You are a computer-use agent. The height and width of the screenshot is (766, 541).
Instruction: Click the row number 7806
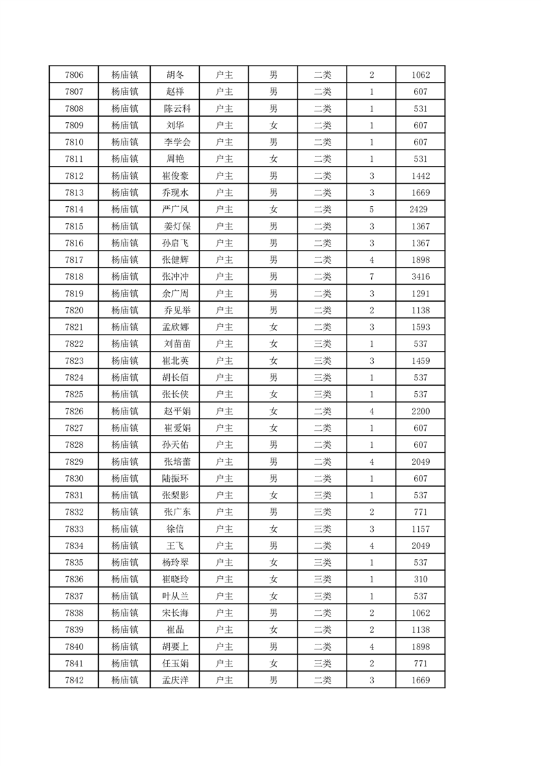pos(74,75)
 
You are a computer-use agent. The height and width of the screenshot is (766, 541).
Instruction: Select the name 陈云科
pos(175,109)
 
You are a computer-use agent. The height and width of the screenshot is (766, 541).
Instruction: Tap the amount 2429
pos(420,210)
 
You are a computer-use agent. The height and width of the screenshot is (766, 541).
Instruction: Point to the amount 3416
pos(420,276)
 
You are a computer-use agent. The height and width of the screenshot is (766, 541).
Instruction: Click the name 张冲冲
pos(175,276)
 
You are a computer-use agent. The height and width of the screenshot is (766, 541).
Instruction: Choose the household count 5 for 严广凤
pos(371,210)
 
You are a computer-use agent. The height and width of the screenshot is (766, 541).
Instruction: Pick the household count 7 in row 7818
pos(371,276)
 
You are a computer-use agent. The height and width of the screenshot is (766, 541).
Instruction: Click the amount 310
pos(420,579)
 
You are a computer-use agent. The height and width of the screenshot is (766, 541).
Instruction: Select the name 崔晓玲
pos(175,579)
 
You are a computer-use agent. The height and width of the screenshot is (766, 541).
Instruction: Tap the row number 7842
pos(74,680)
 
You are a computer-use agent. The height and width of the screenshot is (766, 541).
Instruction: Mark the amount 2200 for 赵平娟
pos(420,411)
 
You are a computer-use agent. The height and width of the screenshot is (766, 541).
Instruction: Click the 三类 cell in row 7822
pos(322,344)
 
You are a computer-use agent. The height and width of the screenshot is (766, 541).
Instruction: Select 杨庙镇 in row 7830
pos(125,479)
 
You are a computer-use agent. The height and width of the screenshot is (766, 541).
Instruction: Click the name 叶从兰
pos(175,596)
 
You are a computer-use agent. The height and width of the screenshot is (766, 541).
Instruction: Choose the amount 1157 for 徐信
pos(420,528)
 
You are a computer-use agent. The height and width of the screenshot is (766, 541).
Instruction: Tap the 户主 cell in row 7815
pos(224,227)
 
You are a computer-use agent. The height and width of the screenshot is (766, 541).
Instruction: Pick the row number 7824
pos(74,378)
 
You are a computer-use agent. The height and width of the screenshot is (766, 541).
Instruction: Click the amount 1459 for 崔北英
pos(420,360)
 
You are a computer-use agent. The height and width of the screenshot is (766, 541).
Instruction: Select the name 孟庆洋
pos(175,680)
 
